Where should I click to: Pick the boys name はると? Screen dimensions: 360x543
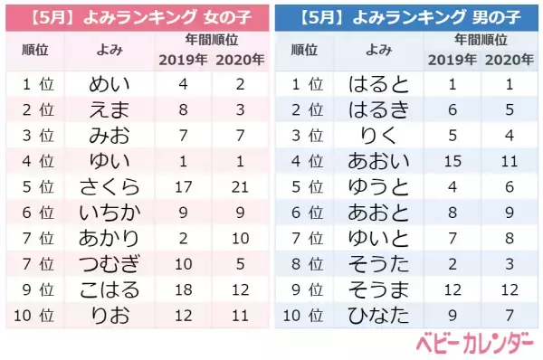click(378, 85)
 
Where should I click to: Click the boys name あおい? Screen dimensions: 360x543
click(378, 162)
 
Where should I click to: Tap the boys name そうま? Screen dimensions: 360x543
click(378, 289)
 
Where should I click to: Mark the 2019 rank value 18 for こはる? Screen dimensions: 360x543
click(184, 289)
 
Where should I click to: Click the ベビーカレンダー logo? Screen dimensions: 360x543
click(474, 345)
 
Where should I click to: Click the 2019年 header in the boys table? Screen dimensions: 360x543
click(450, 61)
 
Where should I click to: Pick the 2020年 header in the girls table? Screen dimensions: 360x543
click(239, 61)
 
